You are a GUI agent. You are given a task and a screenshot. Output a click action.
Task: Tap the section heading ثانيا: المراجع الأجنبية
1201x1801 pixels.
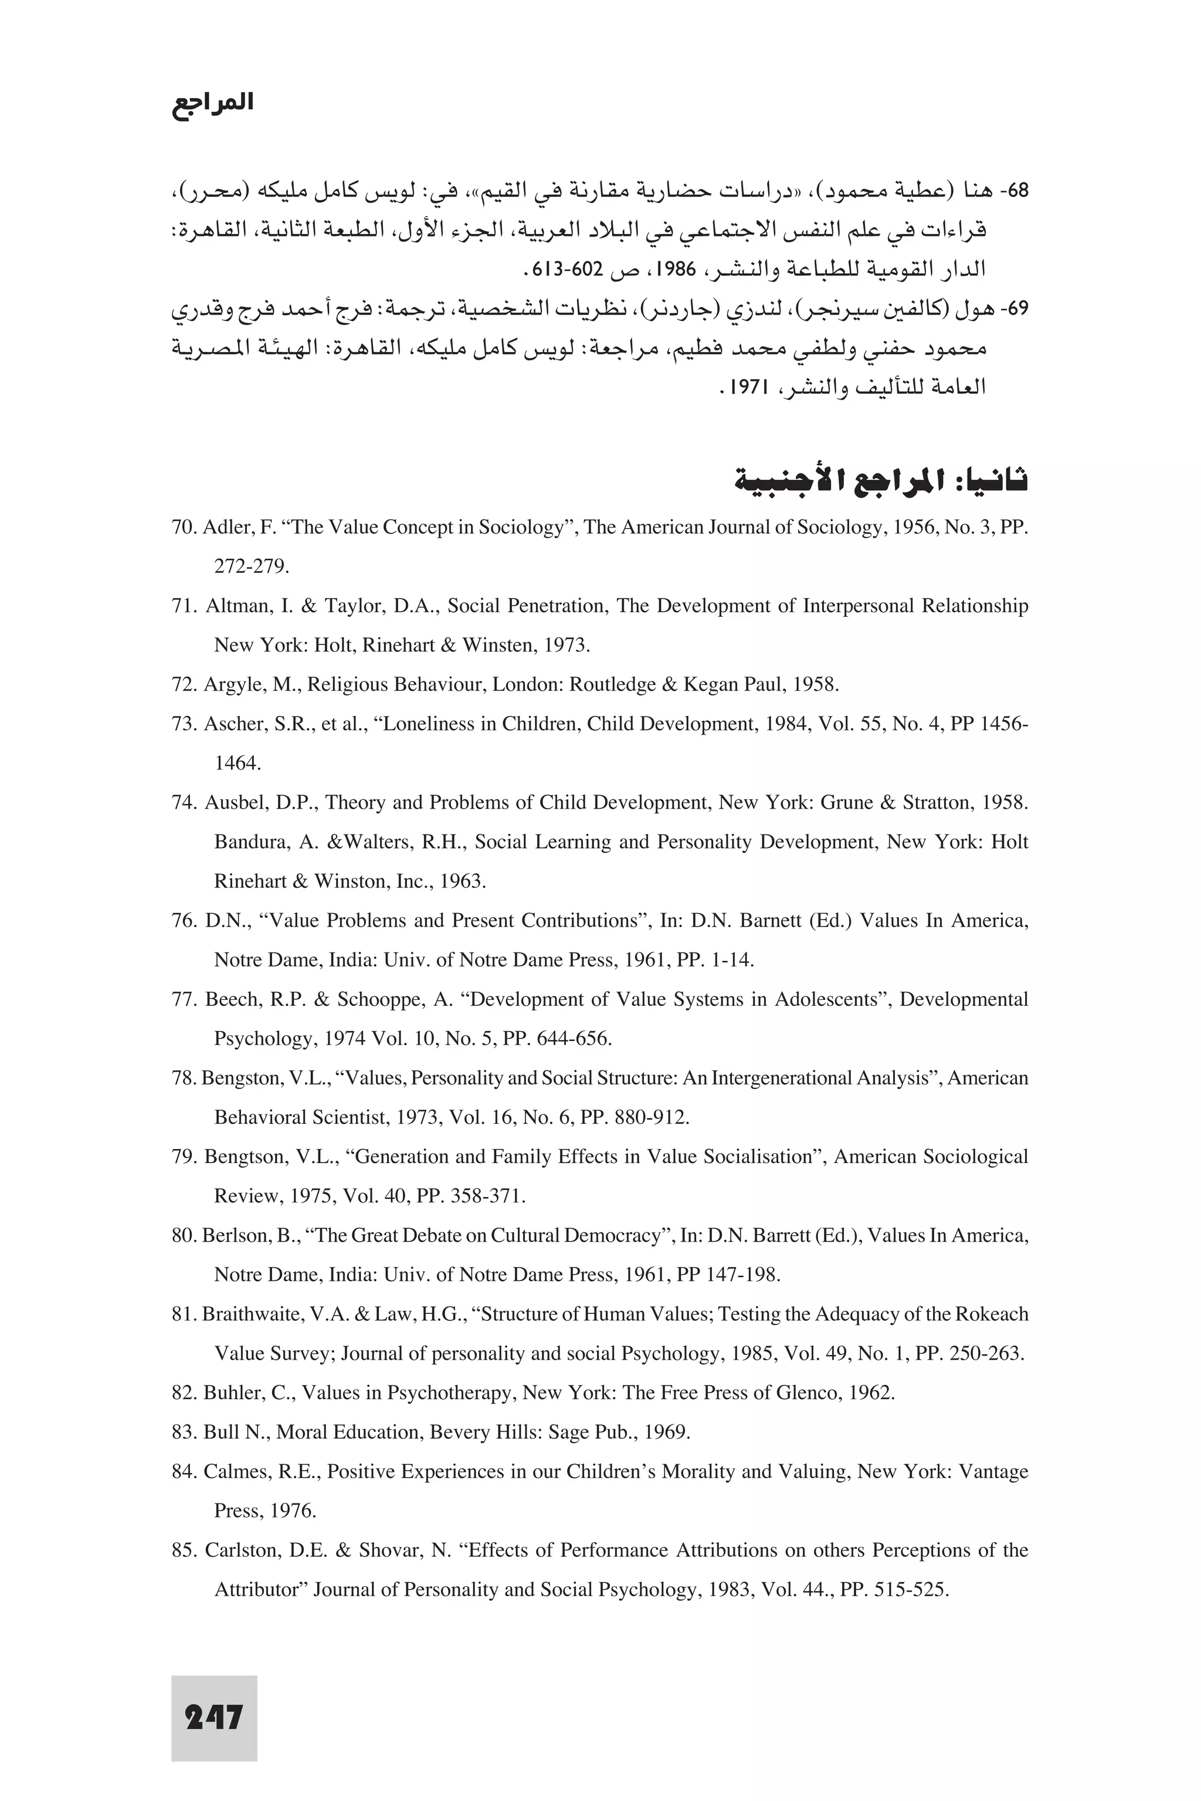[x=881, y=481]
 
